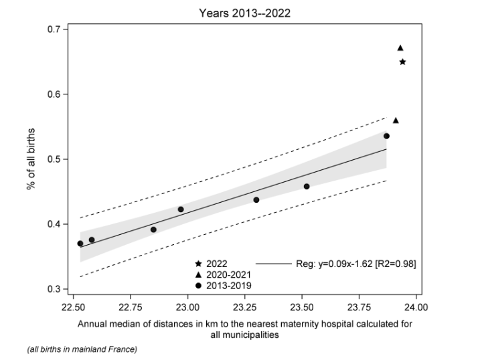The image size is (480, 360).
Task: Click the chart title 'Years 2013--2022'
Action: tap(240, 12)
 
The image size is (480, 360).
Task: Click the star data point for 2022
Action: tap(402, 62)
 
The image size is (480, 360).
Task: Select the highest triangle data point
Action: tap(400, 48)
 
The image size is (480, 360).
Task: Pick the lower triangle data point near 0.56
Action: tap(396, 120)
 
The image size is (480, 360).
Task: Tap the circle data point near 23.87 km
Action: tap(386, 136)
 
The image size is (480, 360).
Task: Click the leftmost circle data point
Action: tap(80, 244)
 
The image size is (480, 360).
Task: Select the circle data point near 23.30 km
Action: tap(256, 200)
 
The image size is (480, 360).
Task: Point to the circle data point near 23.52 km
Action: tap(307, 186)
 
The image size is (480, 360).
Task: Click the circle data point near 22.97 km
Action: tap(181, 209)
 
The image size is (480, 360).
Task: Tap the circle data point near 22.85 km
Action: tap(153, 230)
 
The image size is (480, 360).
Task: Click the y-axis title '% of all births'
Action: tap(30, 159)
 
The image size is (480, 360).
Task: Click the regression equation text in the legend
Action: tap(355, 264)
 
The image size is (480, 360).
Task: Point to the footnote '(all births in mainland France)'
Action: tap(82, 350)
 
